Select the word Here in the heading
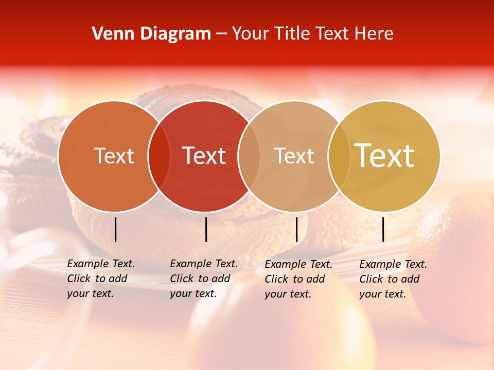pyautogui.click(x=374, y=34)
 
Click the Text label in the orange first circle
pyautogui.click(x=114, y=156)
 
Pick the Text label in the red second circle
pyautogui.click(x=204, y=156)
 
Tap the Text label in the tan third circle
pyautogui.click(x=294, y=156)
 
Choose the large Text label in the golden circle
pyautogui.click(x=384, y=156)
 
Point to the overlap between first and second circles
pyautogui.click(x=159, y=156)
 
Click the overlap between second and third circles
pyautogui.click(x=249, y=156)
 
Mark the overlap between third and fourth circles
pyautogui.click(x=339, y=156)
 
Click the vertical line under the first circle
pyautogui.click(x=115, y=229)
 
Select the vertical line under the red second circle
pyautogui.click(x=206, y=229)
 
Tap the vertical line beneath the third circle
pyautogui.click(x=296, y=229)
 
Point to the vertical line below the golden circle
pyautogui.click(x=383, y=229)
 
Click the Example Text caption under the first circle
pyautogui.click(x=100, y=279)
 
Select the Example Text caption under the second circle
pyautogui.click(x=203, y=279)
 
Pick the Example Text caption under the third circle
pyautogui.click(x=298, y=279)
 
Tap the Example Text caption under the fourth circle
pyautogui.click(x=393, y=279)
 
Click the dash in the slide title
pyautogui.click(x=221, y=34)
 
